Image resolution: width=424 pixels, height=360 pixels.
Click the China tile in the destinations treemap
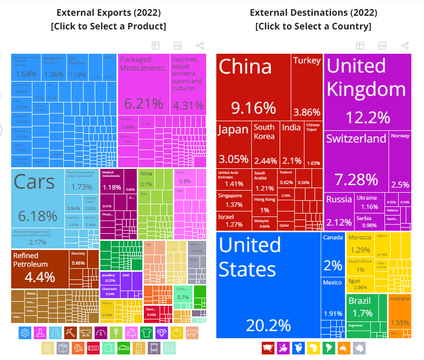click(x=253, y=86)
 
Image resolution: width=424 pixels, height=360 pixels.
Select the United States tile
click(x=268, y=284)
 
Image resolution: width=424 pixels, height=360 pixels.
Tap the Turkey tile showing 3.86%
click(x=307, y=86)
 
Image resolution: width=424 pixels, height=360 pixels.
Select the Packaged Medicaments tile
click(x=143, y=84)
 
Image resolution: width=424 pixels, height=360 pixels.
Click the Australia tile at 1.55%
click(x=400, y=314)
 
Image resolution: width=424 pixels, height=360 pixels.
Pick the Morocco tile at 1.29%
click(x=360, y=243)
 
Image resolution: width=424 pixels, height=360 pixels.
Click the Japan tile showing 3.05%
click(x=234, y=144)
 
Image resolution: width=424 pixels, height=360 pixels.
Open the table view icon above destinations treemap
click(x=360, y=46)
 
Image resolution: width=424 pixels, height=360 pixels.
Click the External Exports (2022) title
click(x=108, y=13)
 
